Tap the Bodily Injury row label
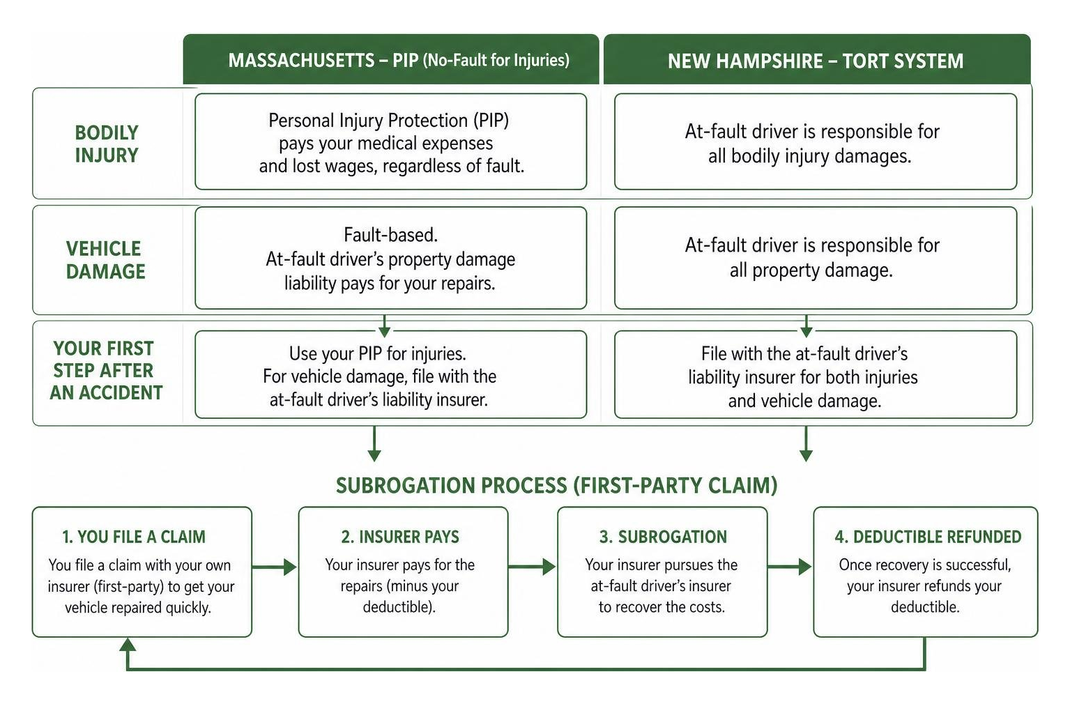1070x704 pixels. coord(107,144)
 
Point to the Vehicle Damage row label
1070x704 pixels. coord(105,260)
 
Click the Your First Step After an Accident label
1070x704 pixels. coord(105,371)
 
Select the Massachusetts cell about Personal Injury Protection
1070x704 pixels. coord(391,142)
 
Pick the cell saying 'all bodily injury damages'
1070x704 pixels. coord(816,142)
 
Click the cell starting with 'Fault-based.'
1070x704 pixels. coord(391,258)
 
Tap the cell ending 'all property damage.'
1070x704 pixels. coord(816,258)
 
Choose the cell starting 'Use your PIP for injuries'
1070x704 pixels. coord(391,374)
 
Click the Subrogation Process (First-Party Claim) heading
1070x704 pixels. coord(556,485)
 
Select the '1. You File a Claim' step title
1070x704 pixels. coord(134,537)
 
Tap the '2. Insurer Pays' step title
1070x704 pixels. coord(400,537)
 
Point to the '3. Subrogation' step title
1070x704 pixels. coord(663,537)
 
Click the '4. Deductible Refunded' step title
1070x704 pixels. coord(928,537)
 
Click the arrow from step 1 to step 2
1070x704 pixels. coord(274,567)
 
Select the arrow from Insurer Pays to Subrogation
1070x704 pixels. coord(532,567)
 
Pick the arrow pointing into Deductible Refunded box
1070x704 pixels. coord(790,567)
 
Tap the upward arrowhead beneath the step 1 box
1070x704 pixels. coord(128,645)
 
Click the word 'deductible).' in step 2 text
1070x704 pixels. coord(399,607)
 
